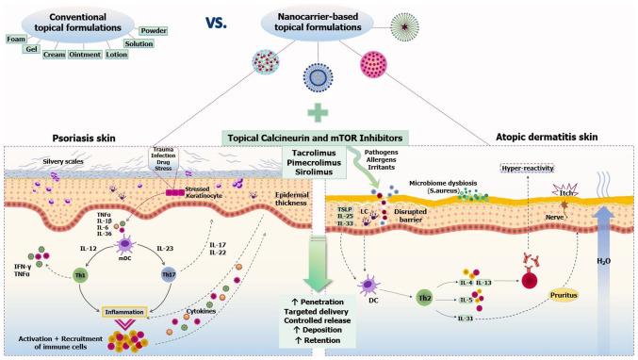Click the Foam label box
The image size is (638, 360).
tap(16, 38)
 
